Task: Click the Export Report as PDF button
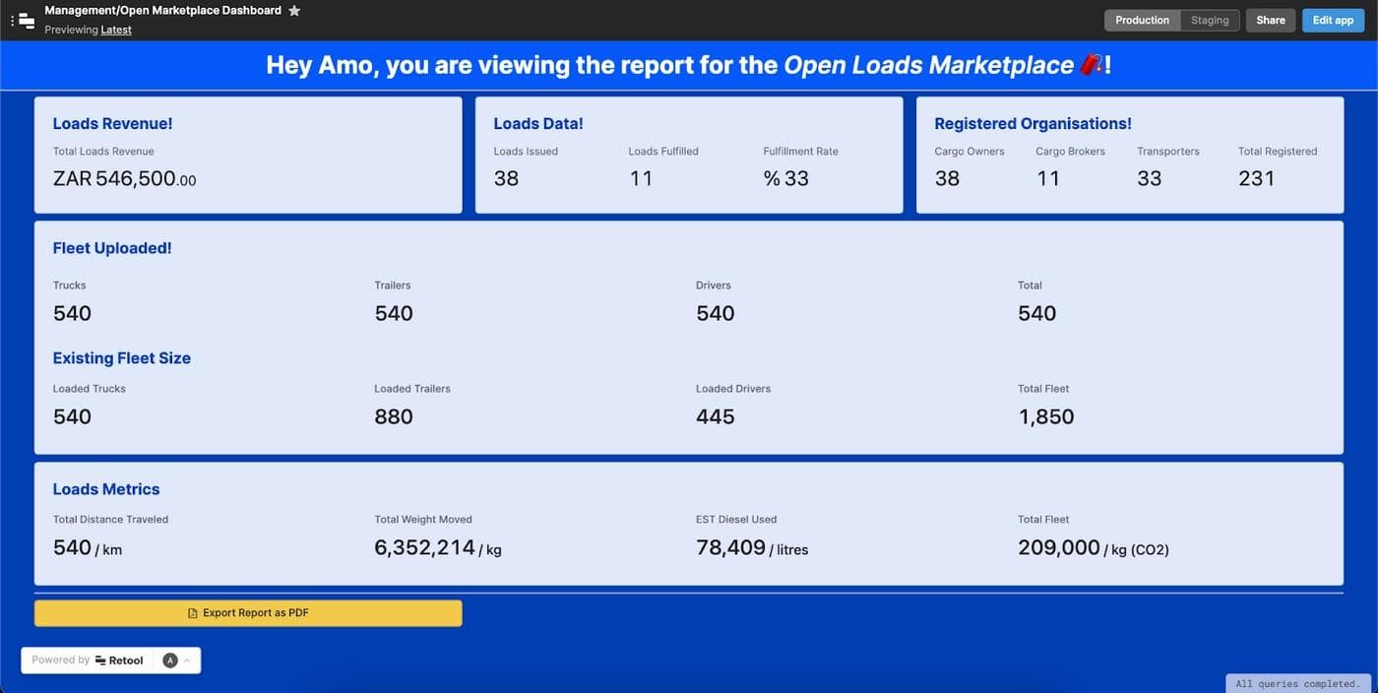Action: click(248, 613)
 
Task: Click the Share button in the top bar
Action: click(1270, 21)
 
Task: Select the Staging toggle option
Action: click(1210, 21)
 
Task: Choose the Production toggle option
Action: click(1142, 21)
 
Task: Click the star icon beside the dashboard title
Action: click(294, 11)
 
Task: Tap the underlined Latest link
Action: click(116, 30)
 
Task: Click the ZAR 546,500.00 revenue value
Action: click(124, 179)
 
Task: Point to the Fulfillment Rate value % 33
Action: click(785, 179)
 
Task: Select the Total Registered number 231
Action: click(1256, 179)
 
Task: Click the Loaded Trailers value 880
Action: click(394, 417)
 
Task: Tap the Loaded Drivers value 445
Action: click(715, 417)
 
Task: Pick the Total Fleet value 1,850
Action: click(1045, 417)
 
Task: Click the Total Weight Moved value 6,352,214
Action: click(425, 548)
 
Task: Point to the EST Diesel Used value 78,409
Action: click(731, 548)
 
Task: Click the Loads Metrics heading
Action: click(106, 489)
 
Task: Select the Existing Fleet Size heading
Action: click(122, 358)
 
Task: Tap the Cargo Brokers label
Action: click(1070, 152)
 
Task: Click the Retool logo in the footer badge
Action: click(119, 661)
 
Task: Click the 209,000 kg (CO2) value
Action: click(1059, 548)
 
